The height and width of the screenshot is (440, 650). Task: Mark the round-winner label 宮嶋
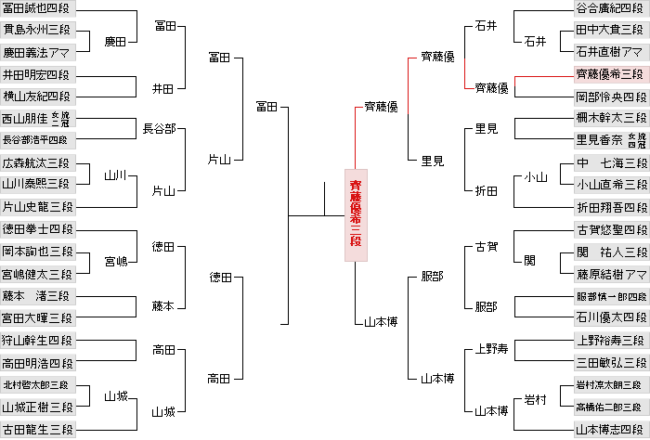pyautogui.click(x=116, y=262)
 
